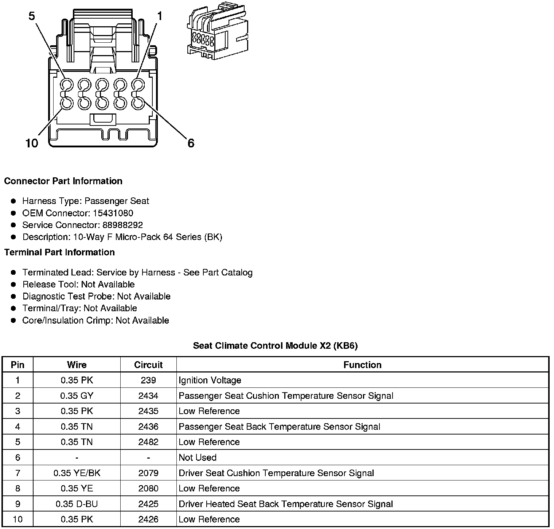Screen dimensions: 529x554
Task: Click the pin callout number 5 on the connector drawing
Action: [32, 16]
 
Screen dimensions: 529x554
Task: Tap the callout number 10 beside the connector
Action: [32, 143]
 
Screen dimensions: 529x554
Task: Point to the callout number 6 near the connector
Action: [191, 143]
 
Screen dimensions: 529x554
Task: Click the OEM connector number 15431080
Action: [113, 213]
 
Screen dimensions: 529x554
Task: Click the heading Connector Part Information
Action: [63, 181]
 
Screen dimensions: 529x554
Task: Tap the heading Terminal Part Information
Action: [59, 252]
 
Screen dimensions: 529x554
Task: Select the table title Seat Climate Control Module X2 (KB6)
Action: [275, 345]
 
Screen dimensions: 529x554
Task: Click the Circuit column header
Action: [148, 365]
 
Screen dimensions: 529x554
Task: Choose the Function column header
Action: [362, 365]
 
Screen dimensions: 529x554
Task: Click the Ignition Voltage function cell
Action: [210, 380]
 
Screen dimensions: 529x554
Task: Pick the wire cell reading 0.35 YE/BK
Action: [77, 473]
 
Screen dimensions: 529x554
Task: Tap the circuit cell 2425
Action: [148, 504]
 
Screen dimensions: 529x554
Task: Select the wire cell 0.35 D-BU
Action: [77, 504]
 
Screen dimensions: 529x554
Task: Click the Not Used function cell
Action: [198, 457]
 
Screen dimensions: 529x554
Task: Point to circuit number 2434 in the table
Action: [148, 396]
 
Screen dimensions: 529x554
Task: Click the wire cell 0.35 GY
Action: [77, 396]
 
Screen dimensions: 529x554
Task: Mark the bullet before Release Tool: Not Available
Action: [14, 285]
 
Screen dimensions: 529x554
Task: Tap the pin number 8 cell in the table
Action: [17, 489]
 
